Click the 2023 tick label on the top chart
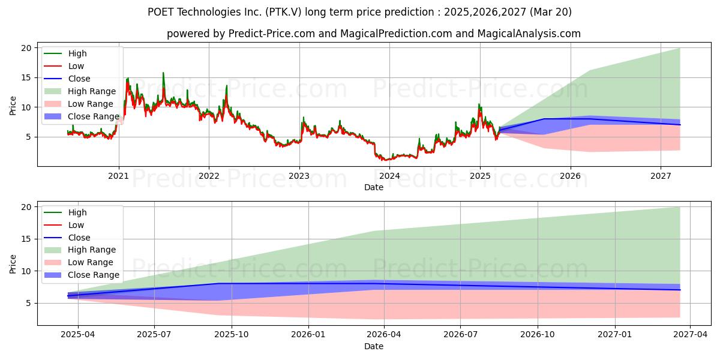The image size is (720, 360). (x=299, y=176)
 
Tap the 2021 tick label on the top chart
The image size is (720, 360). (x=119, y=176)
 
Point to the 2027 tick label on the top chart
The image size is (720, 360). (x=661, y=176)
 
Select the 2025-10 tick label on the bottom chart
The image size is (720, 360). (x=232, y=335)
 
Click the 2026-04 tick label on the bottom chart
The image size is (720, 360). (x=384, y=335)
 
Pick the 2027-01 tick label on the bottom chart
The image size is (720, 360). (x=615, y=335)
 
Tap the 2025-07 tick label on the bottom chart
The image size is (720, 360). (x=154, y=335)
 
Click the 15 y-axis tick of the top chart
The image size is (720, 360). (x=26, y=78)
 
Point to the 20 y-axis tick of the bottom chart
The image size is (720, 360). (x=26, y=207)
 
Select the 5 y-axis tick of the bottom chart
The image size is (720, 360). (x=29, y=303)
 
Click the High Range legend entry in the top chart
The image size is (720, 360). (x=80, y=91)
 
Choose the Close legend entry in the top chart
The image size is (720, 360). (x=67, y=79)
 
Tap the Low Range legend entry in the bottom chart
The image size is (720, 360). (x=79, y=262)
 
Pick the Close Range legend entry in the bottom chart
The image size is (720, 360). (x=82, y=275)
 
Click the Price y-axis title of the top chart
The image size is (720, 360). (x=13, y=106)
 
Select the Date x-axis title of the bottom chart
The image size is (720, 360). (x=374, y=346)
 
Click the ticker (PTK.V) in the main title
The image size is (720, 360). (x=283, y=12)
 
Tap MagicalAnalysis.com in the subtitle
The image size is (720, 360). (x=529, y=34)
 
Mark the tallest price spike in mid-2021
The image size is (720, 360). (x=163, y=73)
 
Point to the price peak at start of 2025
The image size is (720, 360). (x=479, y=104)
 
